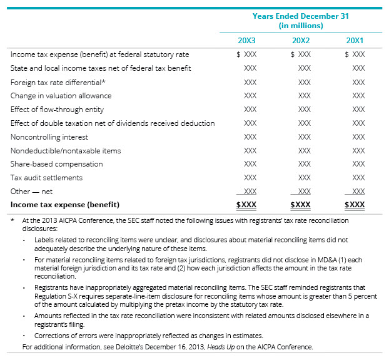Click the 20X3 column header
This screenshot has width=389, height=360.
(x=246, y=40)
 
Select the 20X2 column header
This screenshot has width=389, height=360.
(x=301, y=40)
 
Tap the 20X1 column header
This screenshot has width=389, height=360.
(x=355, y=40)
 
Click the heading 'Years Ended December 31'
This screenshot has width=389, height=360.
(x=300, y=16)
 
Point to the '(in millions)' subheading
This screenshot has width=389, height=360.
(x=300, y=26)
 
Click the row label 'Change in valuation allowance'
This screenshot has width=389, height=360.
(x=61, y=96)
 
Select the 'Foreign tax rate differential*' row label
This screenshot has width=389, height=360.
(x=58, y=82)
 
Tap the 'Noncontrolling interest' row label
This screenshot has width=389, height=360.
(x=49, y=137)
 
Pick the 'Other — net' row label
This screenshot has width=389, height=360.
(x=31, y=192)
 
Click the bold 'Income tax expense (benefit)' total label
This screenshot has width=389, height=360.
(x=64, y=205)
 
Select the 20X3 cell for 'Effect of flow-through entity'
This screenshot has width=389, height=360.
(x=250, y=110)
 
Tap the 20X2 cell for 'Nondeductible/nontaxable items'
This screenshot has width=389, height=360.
(x=304, y=151)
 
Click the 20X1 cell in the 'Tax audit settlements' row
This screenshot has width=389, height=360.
(x=358, y=178)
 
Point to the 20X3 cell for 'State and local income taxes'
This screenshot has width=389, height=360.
(x=250, y=68)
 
